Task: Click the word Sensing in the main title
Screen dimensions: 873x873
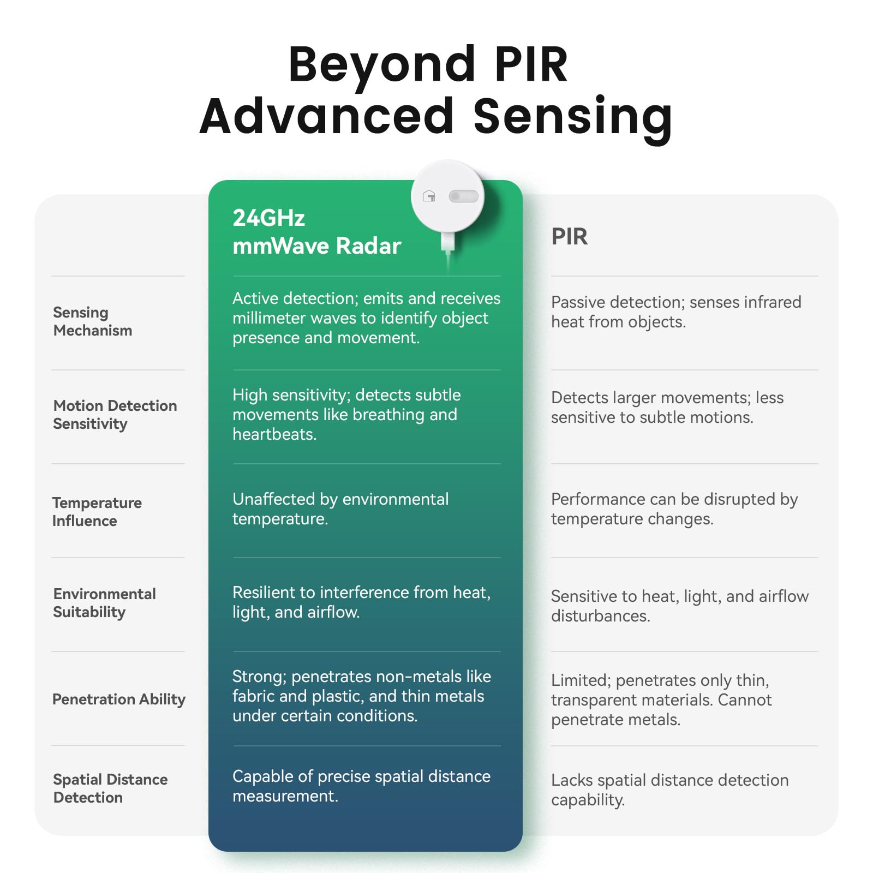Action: point(572,116)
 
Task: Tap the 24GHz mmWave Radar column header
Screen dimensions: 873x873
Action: point(316,232)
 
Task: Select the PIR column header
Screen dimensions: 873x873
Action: point(569,237)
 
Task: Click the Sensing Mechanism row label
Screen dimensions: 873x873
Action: point(92,321)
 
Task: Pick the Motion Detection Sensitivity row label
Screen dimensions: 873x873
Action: point(115,415)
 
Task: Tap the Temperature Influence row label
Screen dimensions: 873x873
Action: point(97,512)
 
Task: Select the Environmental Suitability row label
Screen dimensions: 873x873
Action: point(104,603)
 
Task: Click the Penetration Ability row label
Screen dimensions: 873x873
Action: point(118,699)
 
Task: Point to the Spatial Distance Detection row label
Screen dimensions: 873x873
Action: point(110,788)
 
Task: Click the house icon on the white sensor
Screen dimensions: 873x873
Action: point(429,196)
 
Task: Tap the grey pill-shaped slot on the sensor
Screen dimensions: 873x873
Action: point(463,196)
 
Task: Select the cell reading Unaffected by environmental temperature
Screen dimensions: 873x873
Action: point(340,509)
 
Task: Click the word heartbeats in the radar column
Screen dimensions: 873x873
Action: point(274,434)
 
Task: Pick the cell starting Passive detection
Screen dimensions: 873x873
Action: point(675,312)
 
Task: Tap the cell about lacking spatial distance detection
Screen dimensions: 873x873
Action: point(669,790)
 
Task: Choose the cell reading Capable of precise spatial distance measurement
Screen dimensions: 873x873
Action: point(361,786)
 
